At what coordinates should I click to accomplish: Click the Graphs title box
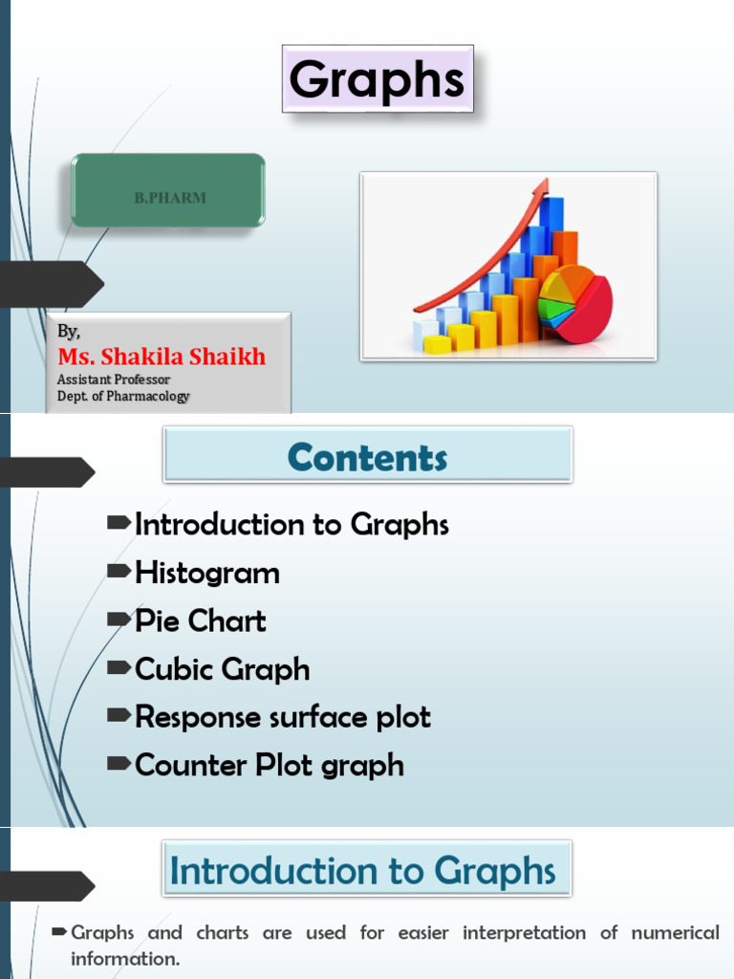tap(378, 78)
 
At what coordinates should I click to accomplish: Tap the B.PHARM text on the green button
tap(170, 198)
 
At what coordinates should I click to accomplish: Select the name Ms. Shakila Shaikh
tap(162, 357)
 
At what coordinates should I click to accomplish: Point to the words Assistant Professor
tap(114, 380)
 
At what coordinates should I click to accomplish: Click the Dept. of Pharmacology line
tap(123, 397)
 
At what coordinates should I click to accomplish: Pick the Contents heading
tap(368, 457)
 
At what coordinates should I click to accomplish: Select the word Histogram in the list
tap(207, 574)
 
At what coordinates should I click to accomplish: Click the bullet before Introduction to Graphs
tap(119, 523)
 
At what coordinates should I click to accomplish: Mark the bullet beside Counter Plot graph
tap(119, 763)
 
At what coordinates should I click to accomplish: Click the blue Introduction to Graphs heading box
tap(367, 869)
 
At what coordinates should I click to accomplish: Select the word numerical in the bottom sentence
tap(676, 933)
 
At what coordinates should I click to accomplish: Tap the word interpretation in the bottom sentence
tap(525, 933)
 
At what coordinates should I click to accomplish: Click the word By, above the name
tap(69, 331)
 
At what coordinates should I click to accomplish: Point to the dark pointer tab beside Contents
tap(48, 472)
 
